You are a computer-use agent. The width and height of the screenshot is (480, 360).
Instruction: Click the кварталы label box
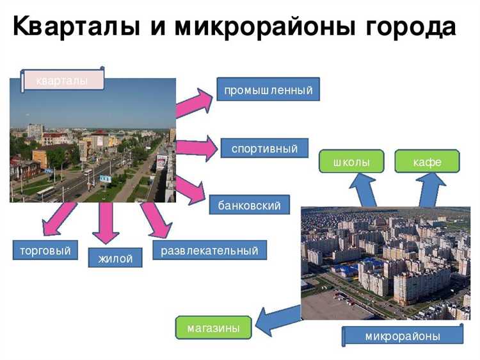(62, 80)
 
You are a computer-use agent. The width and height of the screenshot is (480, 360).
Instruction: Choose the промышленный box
(268, 90)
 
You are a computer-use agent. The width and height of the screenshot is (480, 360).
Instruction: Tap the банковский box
(249, 206)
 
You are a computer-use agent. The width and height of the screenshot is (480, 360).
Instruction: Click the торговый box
(41, 250)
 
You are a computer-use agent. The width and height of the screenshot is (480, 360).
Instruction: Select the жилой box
(115, 258)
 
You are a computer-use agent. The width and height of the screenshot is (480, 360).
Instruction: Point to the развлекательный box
(209, 250)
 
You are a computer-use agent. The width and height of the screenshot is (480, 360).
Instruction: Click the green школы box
(351, 162)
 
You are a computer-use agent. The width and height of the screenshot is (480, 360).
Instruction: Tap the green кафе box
(427, 162)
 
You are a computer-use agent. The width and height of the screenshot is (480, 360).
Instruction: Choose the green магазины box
(214, 328)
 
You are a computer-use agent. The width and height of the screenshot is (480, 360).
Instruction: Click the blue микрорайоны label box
(403, 336)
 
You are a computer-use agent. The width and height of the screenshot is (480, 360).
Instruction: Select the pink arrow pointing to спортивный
(196, 149)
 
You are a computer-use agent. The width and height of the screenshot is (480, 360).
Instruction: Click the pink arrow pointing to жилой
(106, 222)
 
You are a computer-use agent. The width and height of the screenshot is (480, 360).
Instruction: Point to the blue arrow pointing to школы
(364, 190)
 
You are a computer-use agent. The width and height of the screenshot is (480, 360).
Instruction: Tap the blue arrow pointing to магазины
(277, 318)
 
